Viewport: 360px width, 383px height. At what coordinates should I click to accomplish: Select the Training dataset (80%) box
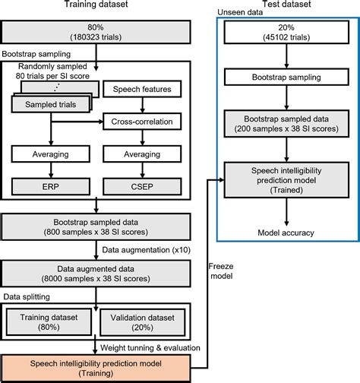click(51, 321)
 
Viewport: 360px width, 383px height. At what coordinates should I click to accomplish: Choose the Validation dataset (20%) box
click(146, 321)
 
